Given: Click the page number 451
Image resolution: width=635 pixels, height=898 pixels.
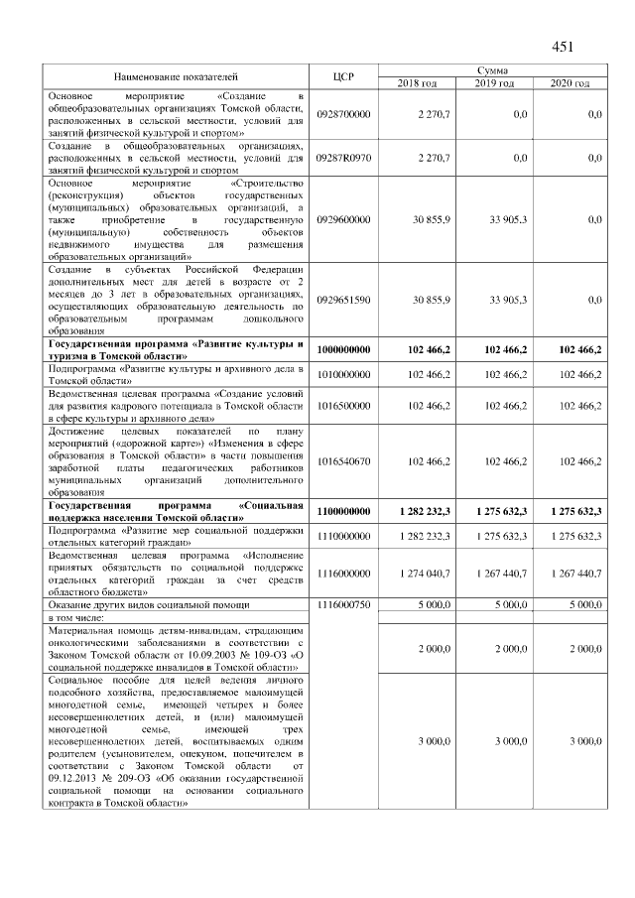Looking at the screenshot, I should point(563,46).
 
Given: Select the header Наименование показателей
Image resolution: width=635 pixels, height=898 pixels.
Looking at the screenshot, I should point(176,76).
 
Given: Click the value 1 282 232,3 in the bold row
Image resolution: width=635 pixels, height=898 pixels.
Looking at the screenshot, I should point(421,511).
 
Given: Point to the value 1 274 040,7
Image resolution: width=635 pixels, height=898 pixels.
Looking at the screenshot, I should point(421,573).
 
